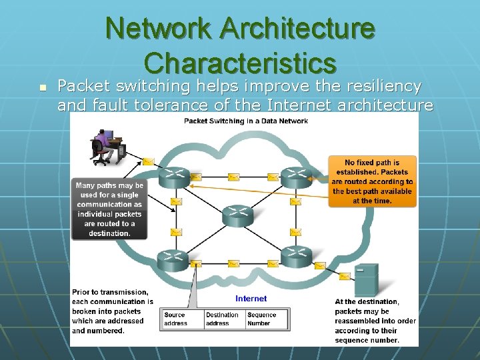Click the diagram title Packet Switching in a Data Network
(x=246, y=121)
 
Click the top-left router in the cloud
(x=173, y=177)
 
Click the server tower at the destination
(x=366, y=280)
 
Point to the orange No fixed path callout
(x=372, y=181)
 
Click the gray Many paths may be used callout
(x=109, y=209)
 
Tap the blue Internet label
(x=251, y=299)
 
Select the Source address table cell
(x=182, y=319)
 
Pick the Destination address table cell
(x=223, y=319)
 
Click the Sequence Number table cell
(x=267, y=319)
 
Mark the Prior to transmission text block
(x=112, y=311)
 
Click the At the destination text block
(x=375, y=321)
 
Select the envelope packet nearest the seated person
(x=148, y=161)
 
